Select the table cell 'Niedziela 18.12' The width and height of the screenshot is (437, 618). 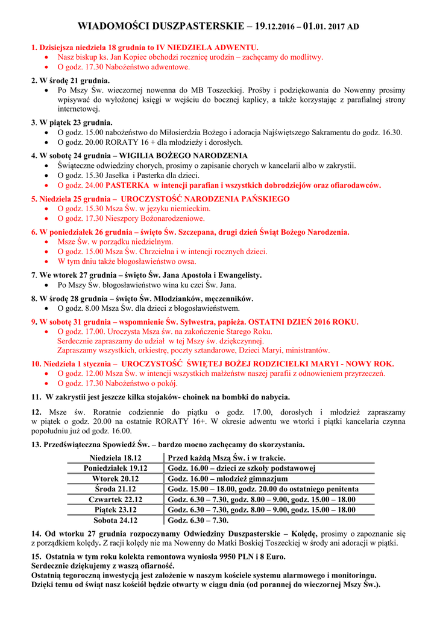coord(115,457)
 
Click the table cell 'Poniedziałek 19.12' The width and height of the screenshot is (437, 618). coord(115,468)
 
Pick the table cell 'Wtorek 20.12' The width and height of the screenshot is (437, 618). coord(115,479)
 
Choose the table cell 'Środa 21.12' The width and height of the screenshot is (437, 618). coord(115,489)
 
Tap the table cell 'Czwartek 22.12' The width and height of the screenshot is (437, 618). coord(115,499)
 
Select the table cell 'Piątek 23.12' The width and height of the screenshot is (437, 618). coord(115,509)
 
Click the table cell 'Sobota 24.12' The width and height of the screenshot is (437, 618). coord(115,520)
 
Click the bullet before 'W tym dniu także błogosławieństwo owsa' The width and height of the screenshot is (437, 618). coord(48,262)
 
